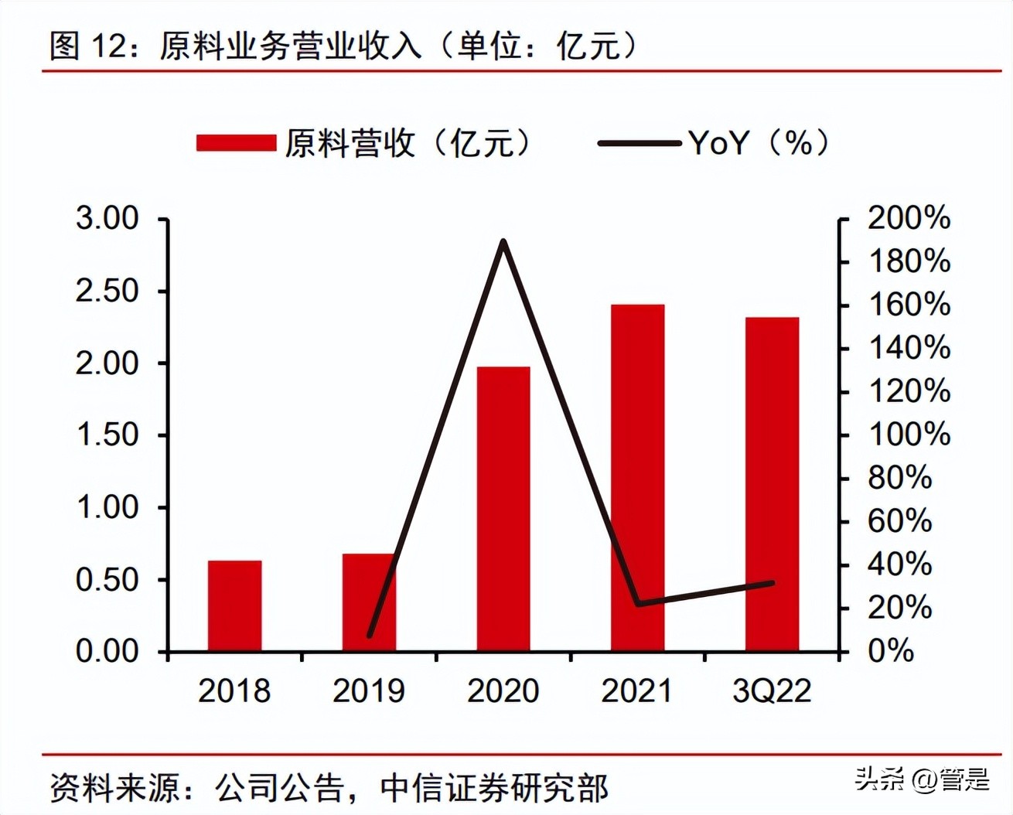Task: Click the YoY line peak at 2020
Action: [503, 242]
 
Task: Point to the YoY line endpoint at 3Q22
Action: [772, 582]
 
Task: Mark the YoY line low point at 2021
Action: [638, 604]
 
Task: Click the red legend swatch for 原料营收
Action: [236, 143]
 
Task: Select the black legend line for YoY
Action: [638, 143]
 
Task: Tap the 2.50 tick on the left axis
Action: [107, 291]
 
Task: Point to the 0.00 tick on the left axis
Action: [107, 651]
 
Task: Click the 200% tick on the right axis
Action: [909, 218]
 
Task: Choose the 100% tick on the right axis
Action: [909, 435]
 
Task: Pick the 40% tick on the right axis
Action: [899, 564]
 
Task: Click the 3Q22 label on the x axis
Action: [772, 691]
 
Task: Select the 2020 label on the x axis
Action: [503, 691]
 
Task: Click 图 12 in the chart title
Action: [87, 46]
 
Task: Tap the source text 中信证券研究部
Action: [495, 788]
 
